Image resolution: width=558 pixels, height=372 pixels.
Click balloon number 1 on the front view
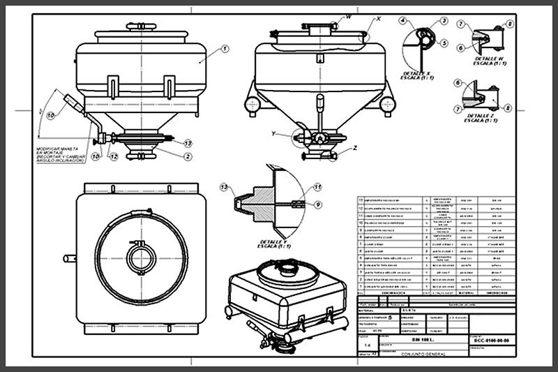pyautogui.click(x=225, y=49)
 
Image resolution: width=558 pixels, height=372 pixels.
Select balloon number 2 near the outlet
pyautogui.click(x=188, y=156)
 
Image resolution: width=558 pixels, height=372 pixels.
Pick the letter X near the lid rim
pyautogui.click(x=378, y=19)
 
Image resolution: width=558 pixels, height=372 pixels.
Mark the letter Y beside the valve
pyautogui.click(x=274, y=133)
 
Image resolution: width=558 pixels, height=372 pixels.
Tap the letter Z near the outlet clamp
pyautogui.click(x=355, y=148)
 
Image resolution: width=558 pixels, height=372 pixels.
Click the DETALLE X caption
pyautogui.click(x=418, y=74)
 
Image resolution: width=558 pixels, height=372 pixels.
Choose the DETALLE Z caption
pyautogui.click(x=482, y=118)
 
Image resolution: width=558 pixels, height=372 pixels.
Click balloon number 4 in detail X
pyautogui.click(x=403, y=21)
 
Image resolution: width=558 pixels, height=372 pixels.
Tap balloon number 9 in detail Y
pyautogui.click(x=317, y=204)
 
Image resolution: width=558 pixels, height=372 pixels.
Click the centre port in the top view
pyautogui.click(x=142, y=259)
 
